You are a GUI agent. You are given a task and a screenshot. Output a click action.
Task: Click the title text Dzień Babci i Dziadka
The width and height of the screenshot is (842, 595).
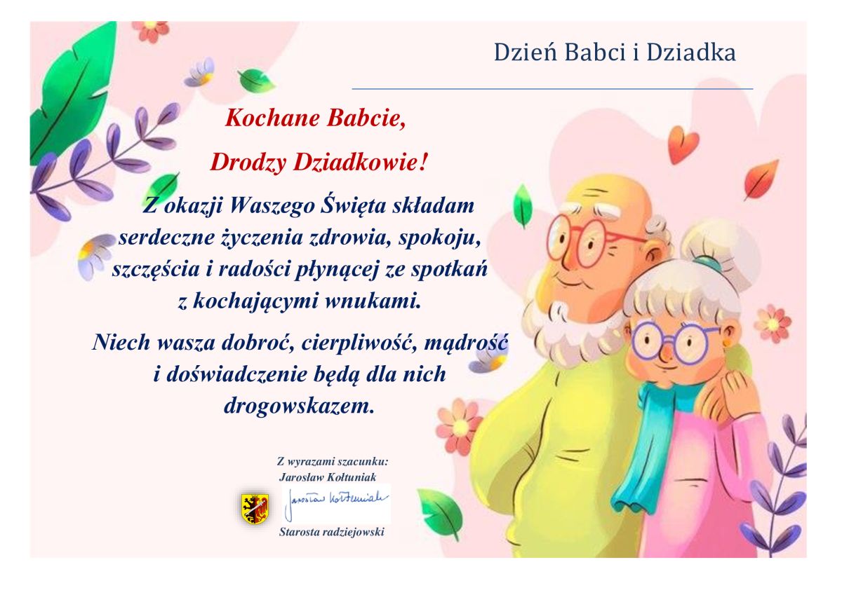click(615, 53)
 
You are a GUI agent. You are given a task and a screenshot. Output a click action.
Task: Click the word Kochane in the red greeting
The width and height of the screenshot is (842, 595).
click(272, 118)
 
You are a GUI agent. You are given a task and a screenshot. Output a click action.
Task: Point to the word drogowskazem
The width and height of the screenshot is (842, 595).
click(299, 406)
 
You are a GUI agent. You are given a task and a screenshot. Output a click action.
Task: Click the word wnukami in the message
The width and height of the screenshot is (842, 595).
click(372, 301)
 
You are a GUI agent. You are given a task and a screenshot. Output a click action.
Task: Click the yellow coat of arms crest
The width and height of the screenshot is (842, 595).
click(255, 509)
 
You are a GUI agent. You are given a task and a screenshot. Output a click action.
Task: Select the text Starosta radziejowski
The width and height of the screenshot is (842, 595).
click(331, 532)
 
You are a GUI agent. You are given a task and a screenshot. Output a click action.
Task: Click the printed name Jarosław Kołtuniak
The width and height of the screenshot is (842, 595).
click(328, 477)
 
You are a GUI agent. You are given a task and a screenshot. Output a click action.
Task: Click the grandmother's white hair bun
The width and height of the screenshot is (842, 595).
click(716, 244)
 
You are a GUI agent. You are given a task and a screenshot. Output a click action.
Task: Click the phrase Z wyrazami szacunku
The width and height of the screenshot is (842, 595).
click(333, 461)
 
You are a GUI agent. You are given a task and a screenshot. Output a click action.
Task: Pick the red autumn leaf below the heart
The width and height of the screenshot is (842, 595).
click(761, 180)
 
